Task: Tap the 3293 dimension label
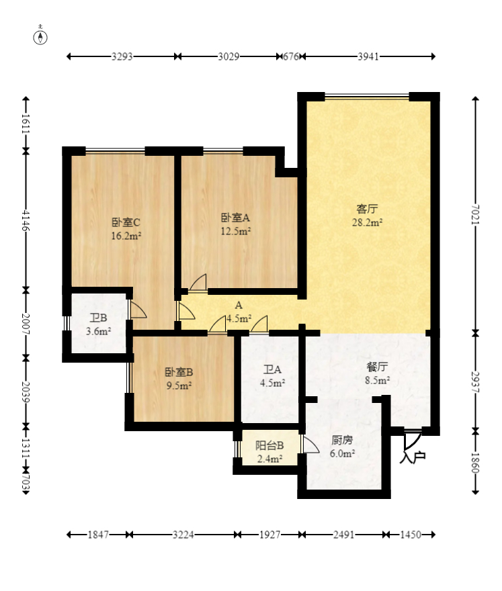coord(122,56)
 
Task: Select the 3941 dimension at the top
coord(368,56)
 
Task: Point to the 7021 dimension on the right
coord(475,214)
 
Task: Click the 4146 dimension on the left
coord(26,220)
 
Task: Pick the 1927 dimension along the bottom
coord(269,535)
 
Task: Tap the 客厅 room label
coord(367,209)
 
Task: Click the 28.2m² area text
coord(368,222)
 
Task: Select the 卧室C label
coord(126,222)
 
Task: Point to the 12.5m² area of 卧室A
coord(236,230)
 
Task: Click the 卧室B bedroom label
coord(179,372)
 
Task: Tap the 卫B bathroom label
coord(98,318)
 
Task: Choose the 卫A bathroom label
coord(272,370)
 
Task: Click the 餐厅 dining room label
coord(377,367)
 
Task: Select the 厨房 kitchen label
coord(342,440)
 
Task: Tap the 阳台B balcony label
coord(269,445)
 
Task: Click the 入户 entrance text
coord(413,457)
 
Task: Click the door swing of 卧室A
coord(198,282)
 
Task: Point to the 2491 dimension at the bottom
coord(343,535)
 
